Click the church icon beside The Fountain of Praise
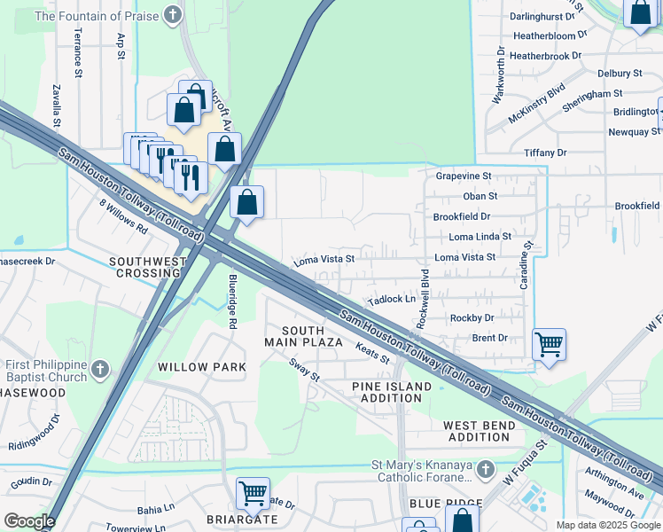pyautogui.click(x=173, y=15)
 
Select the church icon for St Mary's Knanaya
pyautogui.click(x=485, y=467)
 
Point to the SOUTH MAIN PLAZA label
pyautogui.click(x=303, y=336)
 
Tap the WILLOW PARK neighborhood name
pyautogui.click(x=195, y=367)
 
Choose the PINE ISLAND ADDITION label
pyautogui.click(x=392, y=392)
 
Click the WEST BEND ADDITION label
pyautogui.click(x=479, y=431)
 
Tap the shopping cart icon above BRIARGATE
pyautogui.click(x=253, y=492)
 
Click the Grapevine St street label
pyautogui.click(x=463, y=176)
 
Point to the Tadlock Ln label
pyautogui.click(x=392, y=300)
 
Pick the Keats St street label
pyautogui.click(x=373, y=355)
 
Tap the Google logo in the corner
pyautogui.click(x=29, y=521)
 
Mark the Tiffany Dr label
pyautogui.click(x=544, y=153)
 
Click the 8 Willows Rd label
pyautogui.click(x=123, y=215)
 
